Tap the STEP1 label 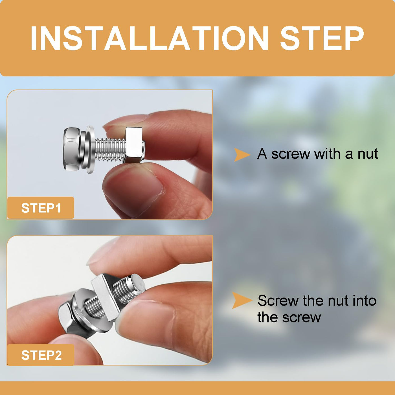pos(41,208)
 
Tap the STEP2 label pos(41,355)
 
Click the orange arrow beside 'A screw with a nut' pos(242,155)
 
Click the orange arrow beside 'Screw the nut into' pos(242,300)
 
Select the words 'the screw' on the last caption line pos(289,317)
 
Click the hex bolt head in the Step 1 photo pos(71,149)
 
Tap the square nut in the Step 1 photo pos(134,145)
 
